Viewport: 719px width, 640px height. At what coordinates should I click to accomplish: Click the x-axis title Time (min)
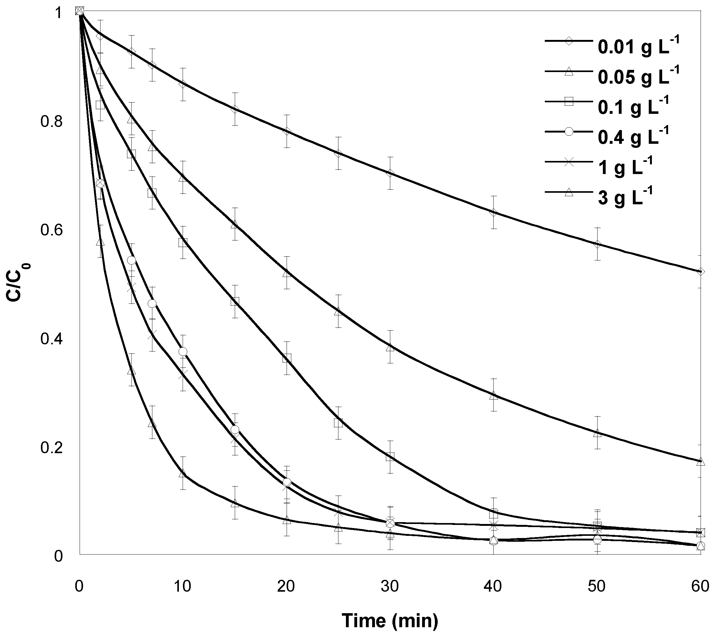pos(390,621)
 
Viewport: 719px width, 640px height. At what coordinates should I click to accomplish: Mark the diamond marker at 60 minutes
pos(700,271)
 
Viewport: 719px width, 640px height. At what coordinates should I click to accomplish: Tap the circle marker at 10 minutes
pos(183,352)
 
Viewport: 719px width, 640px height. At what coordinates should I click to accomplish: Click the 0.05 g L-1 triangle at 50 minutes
pos(597,433)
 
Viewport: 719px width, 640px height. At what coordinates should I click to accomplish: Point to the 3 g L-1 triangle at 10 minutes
pos(183,474)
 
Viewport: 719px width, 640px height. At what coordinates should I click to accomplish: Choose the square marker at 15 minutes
pos(235,301)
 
